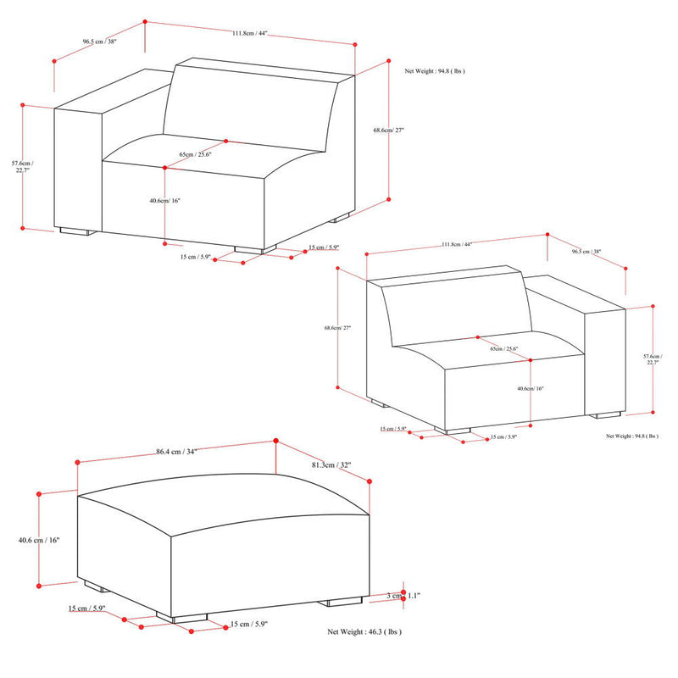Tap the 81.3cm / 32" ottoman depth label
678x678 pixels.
(x=331, y=464)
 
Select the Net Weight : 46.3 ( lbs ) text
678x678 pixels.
(x=364, y=632)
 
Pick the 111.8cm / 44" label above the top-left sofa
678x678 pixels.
(x=250, y=35)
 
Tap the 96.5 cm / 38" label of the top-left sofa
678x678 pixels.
(x=99, y=41)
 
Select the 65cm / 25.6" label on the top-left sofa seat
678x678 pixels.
(x=196, y=154)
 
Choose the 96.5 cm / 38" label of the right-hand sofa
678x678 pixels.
(x=586, y=252)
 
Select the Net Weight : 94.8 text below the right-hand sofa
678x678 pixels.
(x=631, y=436)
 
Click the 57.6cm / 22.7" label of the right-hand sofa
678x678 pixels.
(x=652, y=358)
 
